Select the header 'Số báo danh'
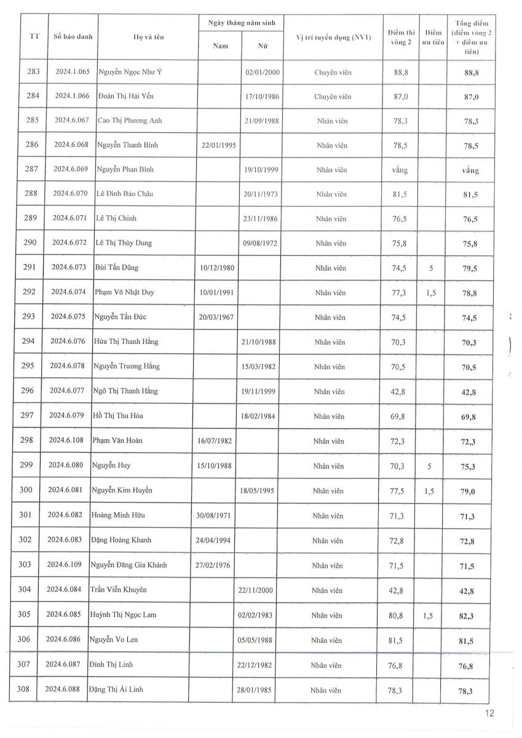tap(73, 36)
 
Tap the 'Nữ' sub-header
tap(263, 46)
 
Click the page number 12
tap(489, 713)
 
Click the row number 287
tap(33, 169)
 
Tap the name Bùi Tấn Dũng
tap(116, 268)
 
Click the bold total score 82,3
tap(472, 616)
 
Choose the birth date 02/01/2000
tap(263, 72)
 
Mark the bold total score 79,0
tap(472, 491)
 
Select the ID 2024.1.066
tap(73, 96)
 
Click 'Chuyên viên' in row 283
tap(333, 72)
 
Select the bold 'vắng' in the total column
tap(470, 170)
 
